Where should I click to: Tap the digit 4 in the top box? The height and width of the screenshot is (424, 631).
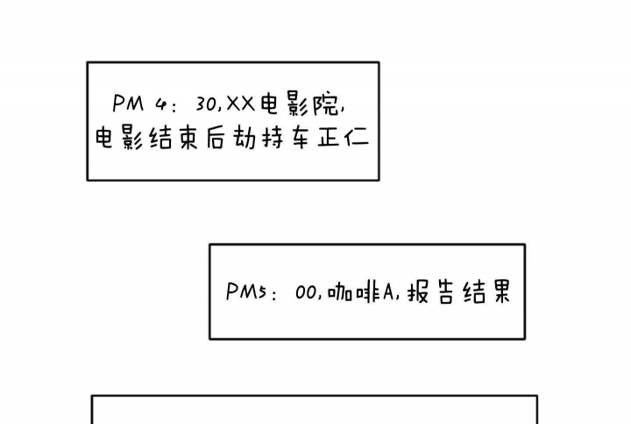[161, 104]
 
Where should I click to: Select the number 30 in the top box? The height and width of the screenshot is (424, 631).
[208, 104]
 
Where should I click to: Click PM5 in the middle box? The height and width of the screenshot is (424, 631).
[246, 292]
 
